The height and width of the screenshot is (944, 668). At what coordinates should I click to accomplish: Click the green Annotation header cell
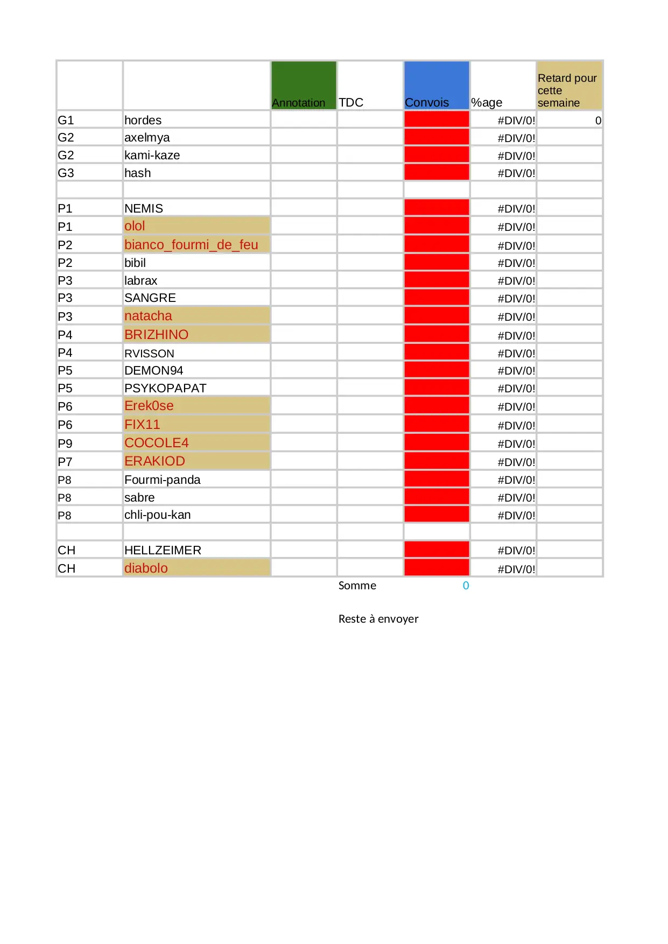(x=304, y=86)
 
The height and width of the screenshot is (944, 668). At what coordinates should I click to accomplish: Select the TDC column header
(x=351, y=102)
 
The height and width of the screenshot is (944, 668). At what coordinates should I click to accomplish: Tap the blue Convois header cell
(x=436, y=86)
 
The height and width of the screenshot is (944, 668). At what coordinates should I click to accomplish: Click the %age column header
(x=487, y=102)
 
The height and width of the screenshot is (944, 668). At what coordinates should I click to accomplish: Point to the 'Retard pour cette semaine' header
(x=568, y=90)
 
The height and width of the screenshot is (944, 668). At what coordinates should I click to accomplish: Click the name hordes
(x=143, y=120)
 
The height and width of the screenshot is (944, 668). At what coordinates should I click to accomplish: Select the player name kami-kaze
(x=152, y=155)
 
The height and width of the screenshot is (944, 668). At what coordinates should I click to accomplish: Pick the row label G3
(x=66, y=173)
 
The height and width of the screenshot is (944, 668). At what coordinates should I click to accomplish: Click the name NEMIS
(x=143, y=208)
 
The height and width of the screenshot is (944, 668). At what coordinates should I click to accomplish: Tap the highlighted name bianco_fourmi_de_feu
(x=191, y=244)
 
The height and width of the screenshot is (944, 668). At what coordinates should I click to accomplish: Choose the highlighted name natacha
(x=148, y=316)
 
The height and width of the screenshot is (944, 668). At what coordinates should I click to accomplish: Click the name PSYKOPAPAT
(x=165, y=388)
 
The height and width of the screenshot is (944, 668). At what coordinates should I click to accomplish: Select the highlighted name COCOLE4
(x=156, y=442)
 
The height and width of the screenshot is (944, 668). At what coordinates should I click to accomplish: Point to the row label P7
(x=65, y=462)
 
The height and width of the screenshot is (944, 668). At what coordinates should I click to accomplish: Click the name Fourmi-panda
(x=162, y=480)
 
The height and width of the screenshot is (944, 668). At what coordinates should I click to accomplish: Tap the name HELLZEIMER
(x=163, y=550)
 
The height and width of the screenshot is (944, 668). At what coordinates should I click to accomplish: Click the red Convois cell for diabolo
(x=436, y=568)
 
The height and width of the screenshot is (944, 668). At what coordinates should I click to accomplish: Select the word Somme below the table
(x=357, y=586)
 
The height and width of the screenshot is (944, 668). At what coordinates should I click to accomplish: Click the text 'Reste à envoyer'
(x=378, y=619)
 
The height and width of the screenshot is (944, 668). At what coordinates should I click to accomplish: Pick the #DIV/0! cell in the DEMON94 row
(x=516, y=371)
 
